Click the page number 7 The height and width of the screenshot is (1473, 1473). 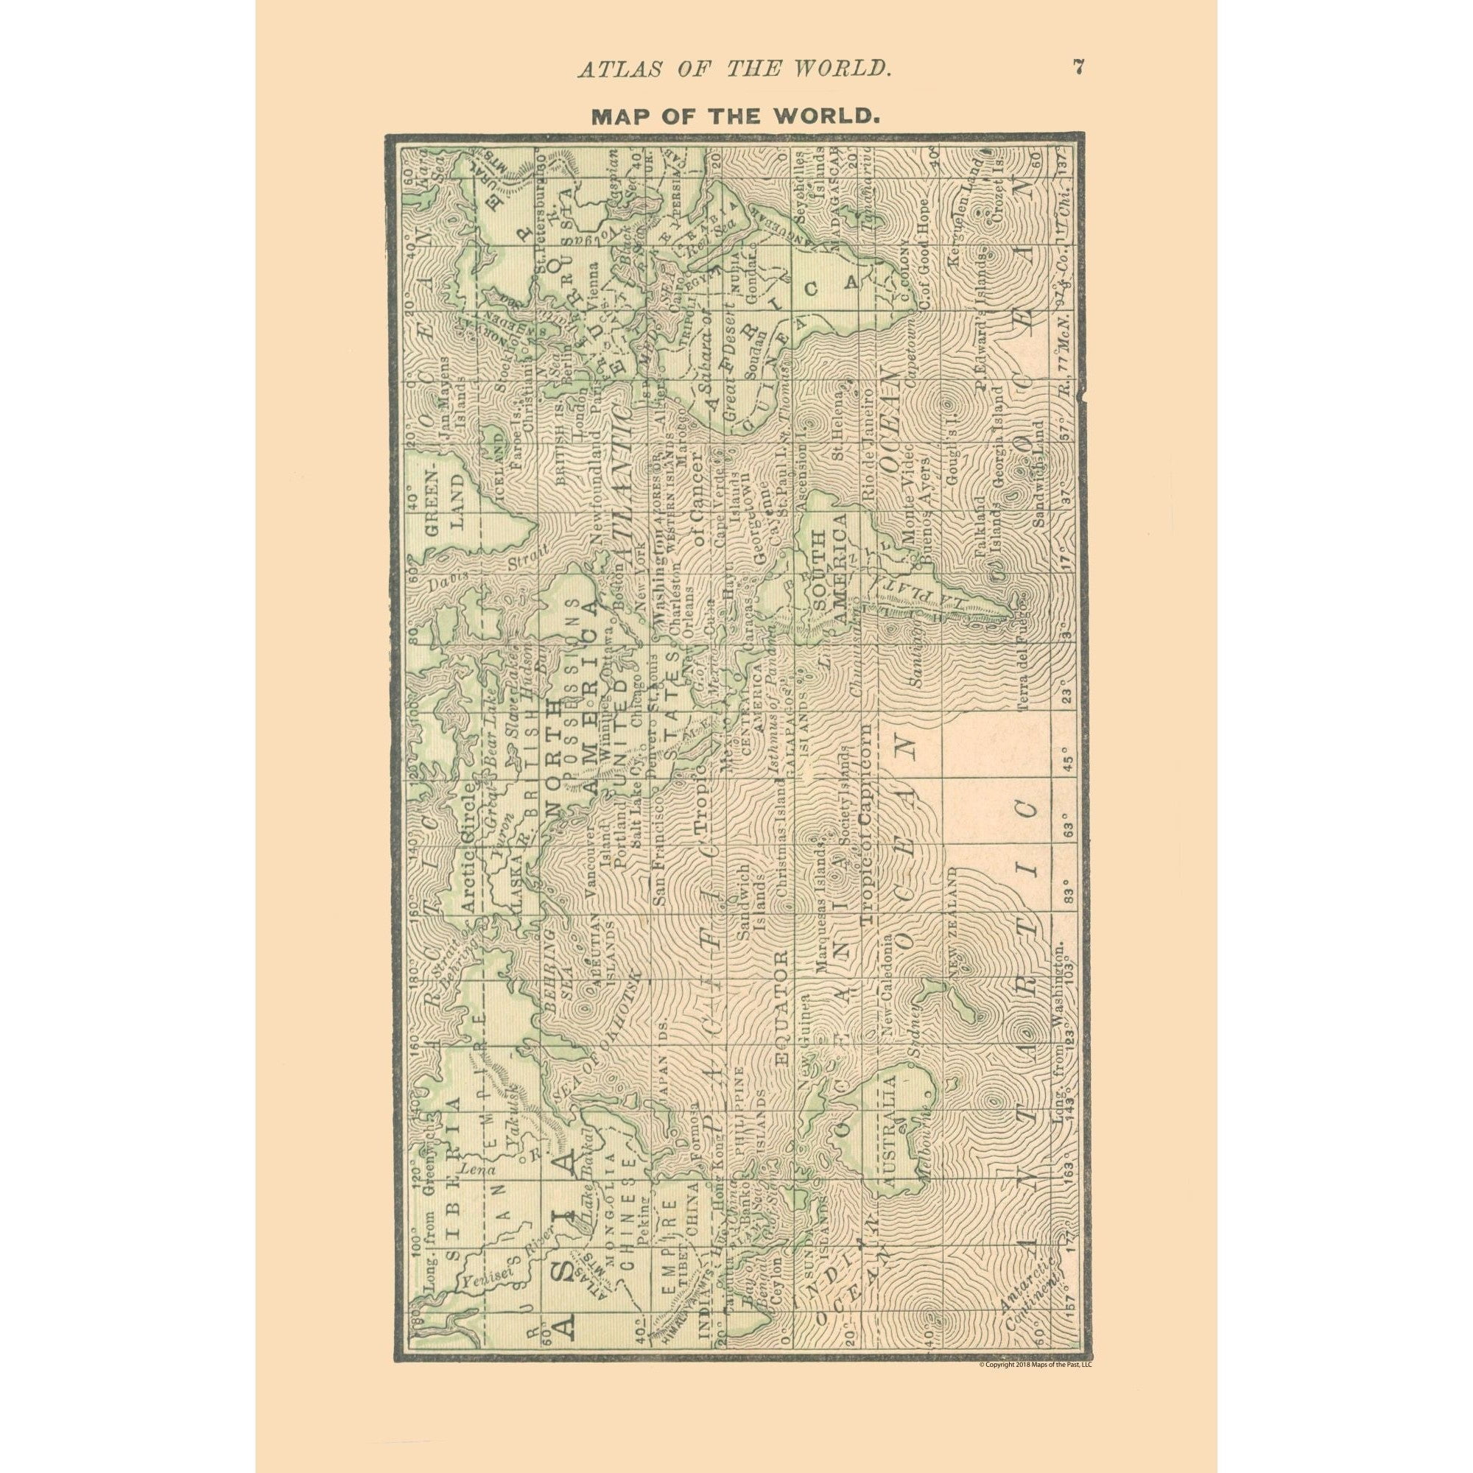(x=1078, y=67)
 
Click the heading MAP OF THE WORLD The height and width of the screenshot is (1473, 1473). (x=736, y=116)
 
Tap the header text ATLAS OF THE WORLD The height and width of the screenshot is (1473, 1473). (x=734, y=68)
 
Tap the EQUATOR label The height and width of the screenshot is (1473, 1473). (x=781, y=998)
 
